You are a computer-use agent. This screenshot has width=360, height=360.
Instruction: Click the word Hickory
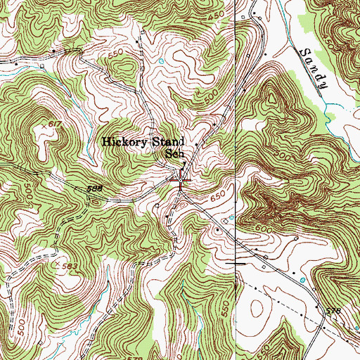124,141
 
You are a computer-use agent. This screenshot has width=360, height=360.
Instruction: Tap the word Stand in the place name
168,141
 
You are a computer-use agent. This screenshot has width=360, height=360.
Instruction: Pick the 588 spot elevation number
96,188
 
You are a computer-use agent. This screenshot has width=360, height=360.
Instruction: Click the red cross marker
181,180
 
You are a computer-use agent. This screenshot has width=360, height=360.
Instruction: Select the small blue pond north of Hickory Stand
160,62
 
